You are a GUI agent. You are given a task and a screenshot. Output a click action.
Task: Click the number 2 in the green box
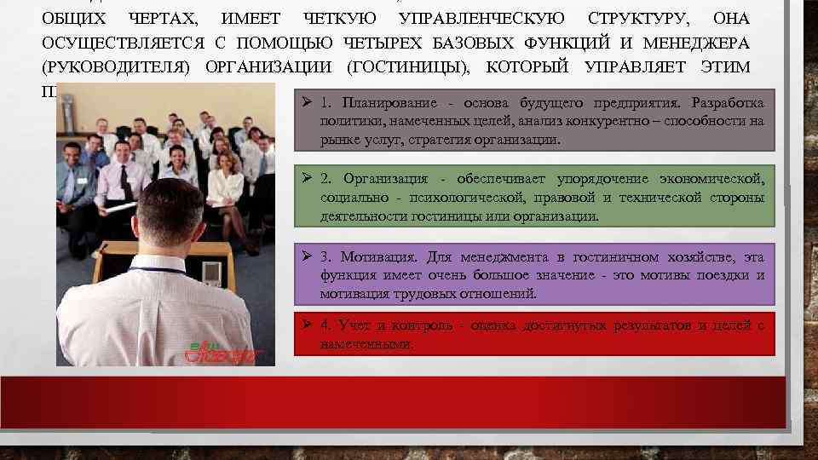click(x=325, y=178)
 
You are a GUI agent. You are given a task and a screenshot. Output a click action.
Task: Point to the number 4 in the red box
click(x=325, y=325)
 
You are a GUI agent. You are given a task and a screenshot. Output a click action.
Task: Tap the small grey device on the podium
click(x=210, y=273)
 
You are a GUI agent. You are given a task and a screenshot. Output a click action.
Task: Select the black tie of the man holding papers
click(x=125, y=181)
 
